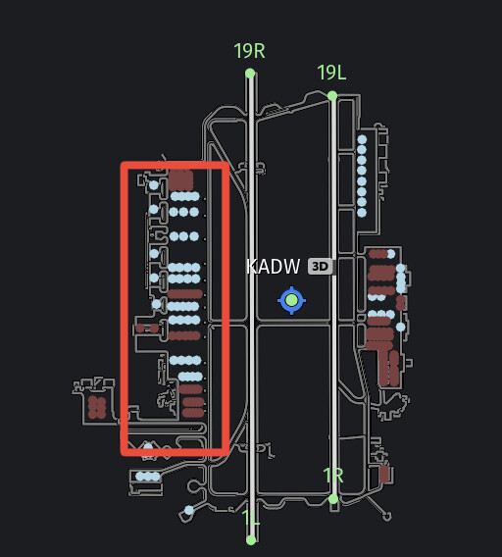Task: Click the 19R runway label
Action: coord(249,51)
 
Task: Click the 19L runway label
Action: coord(331,73)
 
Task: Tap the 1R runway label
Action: coord(333,476)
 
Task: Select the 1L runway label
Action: coord(250,518)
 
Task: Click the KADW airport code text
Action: coord(273,267)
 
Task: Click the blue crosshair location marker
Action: coord(291,300)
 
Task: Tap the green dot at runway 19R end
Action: coord(250,74)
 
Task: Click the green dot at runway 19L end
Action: coord(332,96)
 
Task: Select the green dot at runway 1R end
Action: coord(333,499)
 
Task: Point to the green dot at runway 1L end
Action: coord(251,540)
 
